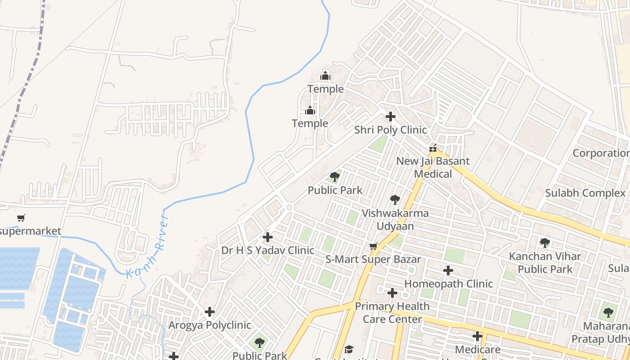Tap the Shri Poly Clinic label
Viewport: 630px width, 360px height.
[390, 130]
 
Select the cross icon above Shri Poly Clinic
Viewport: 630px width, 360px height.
[391, 117]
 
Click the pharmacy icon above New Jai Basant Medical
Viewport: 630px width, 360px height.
[433, 148]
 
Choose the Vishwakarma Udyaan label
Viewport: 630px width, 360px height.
[395, 220]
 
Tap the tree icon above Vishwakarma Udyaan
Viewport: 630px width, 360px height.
[395, 200]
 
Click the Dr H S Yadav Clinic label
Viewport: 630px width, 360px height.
[268, 250]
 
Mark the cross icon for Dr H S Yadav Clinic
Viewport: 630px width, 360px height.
[268, 237]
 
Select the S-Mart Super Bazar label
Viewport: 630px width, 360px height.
[373, 259]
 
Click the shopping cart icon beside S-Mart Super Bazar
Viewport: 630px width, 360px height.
[373, 247]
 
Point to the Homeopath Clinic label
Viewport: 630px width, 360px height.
[448, 284]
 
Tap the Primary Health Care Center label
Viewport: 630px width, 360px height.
[392, 313]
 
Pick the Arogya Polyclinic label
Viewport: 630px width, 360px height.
[210, 325]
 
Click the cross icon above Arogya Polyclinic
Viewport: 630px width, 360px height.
[210, 312]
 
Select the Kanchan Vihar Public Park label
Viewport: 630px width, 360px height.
[545, 263]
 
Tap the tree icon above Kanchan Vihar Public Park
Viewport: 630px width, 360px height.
[545, 243]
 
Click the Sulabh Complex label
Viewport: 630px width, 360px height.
[585, 193]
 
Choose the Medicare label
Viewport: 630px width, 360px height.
[477, 350]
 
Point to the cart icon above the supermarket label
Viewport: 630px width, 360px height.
[21, 218]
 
